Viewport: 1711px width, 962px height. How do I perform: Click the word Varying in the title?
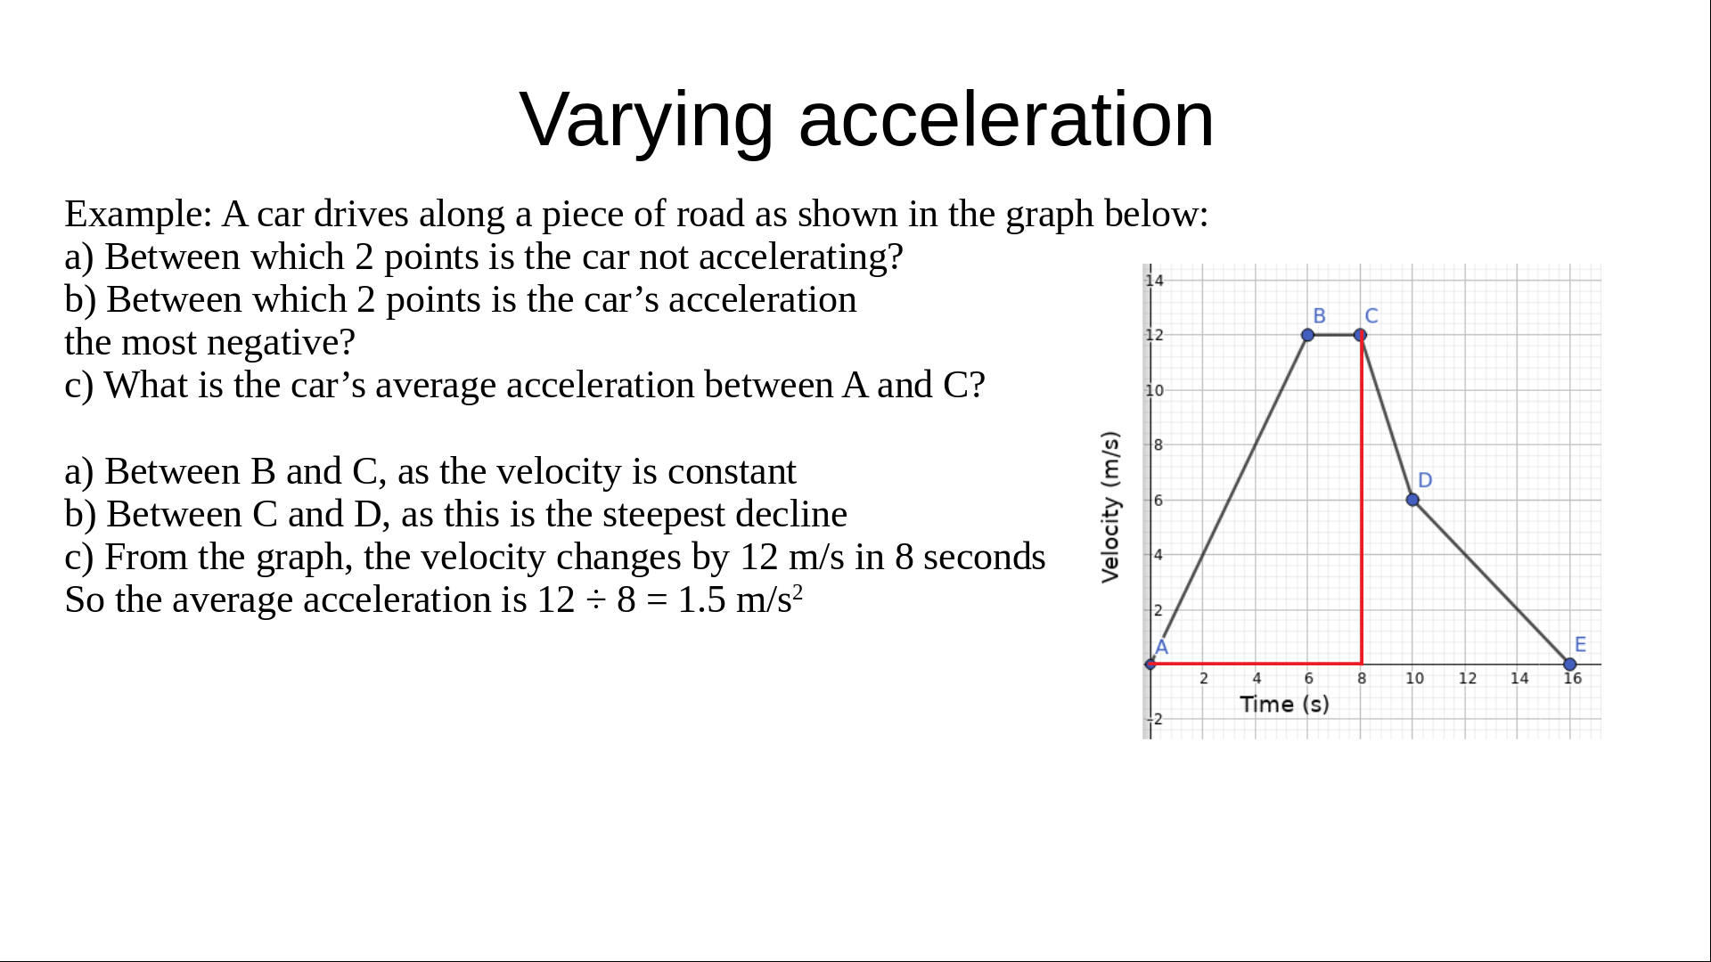point(646,121)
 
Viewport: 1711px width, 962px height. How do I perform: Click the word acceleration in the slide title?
point(1006,119)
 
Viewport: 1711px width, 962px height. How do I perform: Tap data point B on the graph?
point(1307,335)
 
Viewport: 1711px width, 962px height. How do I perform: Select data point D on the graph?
point(1412,500)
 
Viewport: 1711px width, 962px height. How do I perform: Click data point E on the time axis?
point(1570,664)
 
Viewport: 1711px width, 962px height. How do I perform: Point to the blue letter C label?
point(1371,316)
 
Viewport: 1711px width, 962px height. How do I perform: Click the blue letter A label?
point(1162,648)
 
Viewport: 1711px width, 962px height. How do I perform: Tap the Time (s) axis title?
point(1284,705)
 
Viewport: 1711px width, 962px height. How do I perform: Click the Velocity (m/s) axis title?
point(1110,507)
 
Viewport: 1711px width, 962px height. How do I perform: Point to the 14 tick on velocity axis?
point(1155,281)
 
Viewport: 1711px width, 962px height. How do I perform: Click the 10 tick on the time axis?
point(1414,679)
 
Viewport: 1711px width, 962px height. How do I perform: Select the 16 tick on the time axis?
point(1573,679)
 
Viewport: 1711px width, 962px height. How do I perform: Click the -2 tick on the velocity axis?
point(1155,720)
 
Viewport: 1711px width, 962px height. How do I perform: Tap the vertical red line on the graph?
point(1362,500)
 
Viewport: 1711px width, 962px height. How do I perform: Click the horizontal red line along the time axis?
point(1257,664)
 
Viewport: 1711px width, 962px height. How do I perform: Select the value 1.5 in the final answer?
point(702,600)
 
